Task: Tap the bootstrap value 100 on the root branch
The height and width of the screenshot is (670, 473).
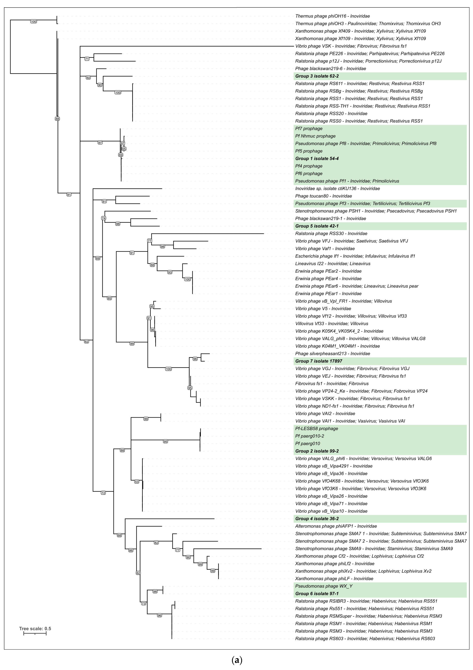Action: point(34,21)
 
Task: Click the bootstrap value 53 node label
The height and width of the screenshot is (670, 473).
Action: point(137,482)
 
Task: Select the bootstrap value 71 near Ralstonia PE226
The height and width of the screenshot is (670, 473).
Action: point(87,59)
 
